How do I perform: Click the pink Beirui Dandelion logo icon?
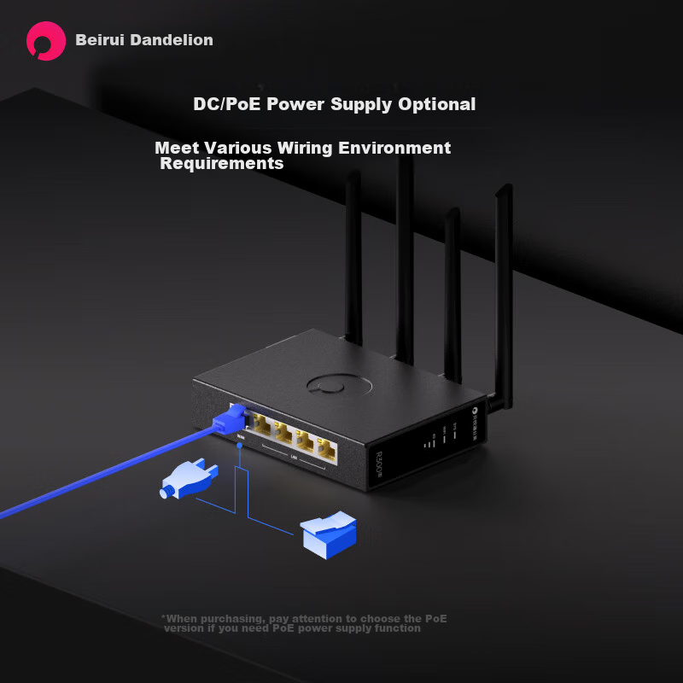46,40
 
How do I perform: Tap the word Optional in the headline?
436,104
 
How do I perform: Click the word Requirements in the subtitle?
222,163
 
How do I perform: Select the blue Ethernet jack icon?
329,533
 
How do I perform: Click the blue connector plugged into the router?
231,419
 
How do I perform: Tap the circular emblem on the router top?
341,383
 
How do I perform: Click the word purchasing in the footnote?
235,618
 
